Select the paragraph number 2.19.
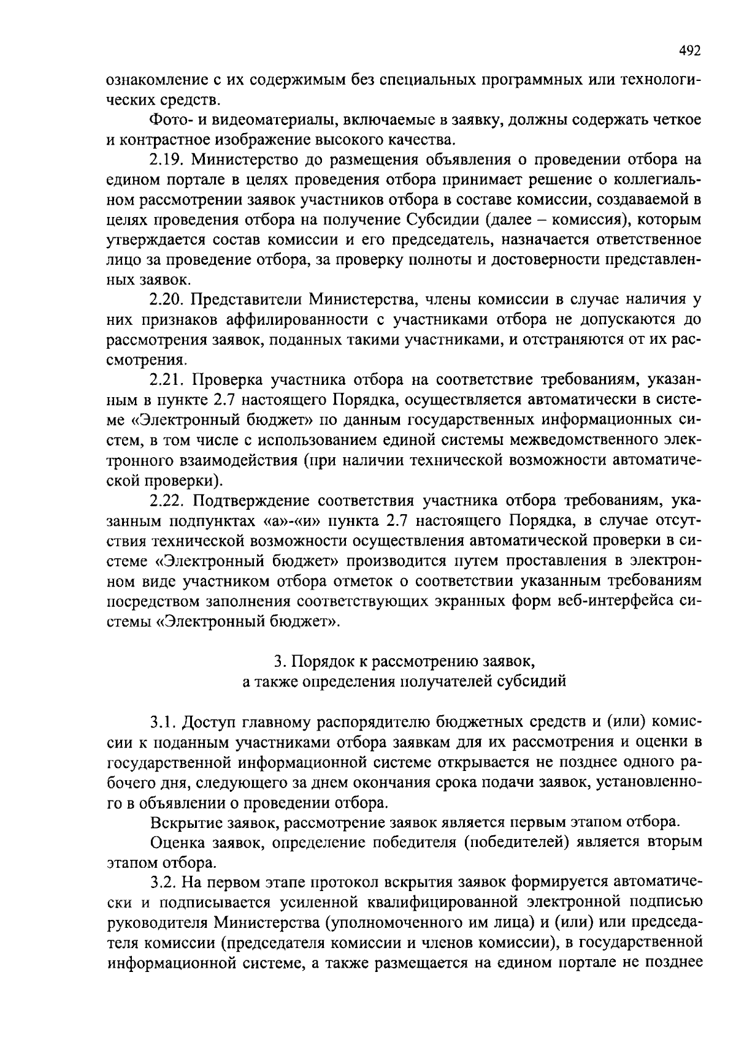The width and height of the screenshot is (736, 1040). pyautogui.click(x=167, y=160)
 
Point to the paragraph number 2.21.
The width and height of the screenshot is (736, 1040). pyautogui.click(x=167, y=380)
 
